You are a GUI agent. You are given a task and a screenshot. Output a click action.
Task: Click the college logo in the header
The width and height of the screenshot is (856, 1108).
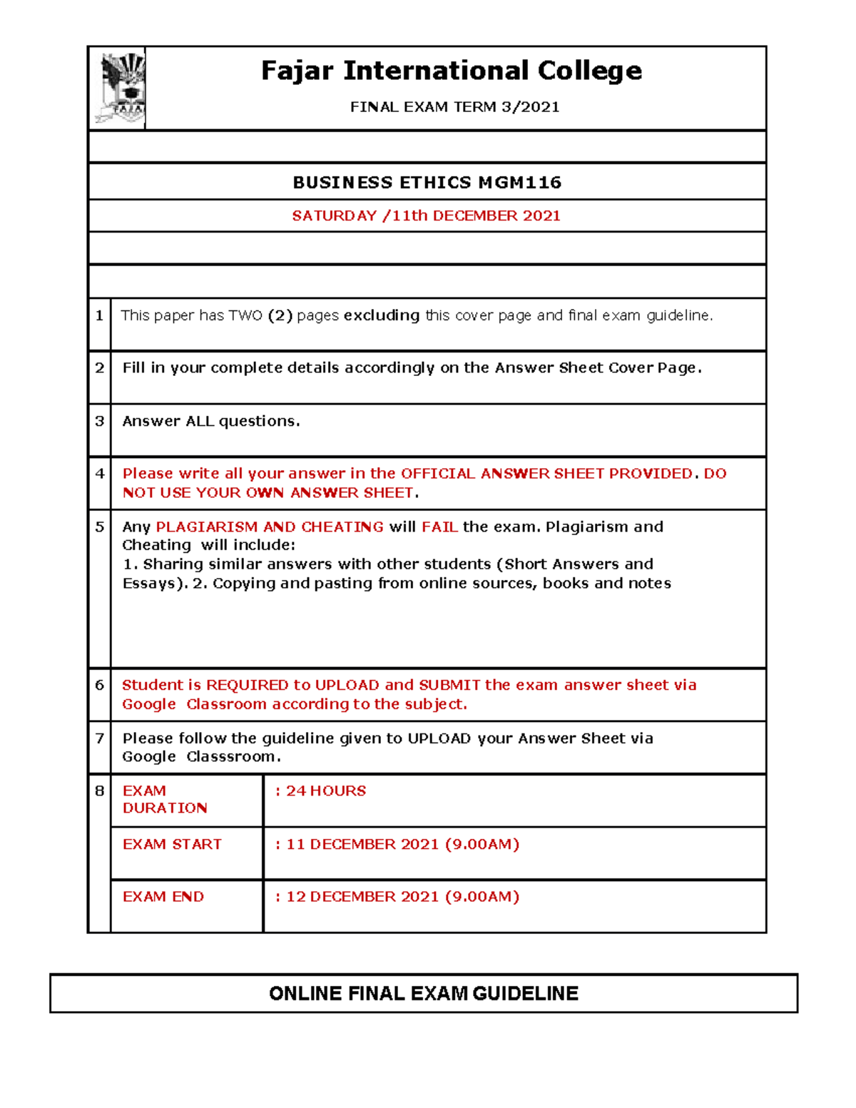tap(120, 88)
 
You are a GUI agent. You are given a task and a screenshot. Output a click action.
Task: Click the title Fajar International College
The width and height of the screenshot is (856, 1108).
tap(451, 71)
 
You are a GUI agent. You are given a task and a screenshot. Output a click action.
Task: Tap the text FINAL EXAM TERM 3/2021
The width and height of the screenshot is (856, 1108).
tap(454, 107)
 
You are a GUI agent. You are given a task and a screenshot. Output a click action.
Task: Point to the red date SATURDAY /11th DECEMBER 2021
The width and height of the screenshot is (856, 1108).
tap(426, 215)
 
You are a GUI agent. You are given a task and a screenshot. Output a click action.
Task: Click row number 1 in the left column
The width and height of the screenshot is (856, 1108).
tap(99, 315)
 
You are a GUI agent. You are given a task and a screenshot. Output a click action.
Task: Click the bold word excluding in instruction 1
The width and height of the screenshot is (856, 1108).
tap(381, 315)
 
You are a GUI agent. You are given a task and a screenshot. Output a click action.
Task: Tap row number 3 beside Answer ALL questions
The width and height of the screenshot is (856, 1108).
tap(99, 421)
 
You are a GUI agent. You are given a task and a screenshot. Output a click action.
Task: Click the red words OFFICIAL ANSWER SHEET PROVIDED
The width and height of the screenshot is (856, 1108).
tap(546, 474)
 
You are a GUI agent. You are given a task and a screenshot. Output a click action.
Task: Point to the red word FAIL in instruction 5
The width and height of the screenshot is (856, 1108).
tap(439, 527)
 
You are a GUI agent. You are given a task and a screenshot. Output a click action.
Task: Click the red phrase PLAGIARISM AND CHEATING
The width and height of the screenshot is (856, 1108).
tap(270, 527)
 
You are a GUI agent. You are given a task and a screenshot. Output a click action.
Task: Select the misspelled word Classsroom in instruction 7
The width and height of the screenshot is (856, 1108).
tap(233, 756)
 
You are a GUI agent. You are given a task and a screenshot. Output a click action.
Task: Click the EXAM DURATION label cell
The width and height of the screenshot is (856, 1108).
tap(165, 799)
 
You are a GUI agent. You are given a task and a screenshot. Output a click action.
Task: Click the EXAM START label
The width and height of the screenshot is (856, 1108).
tap(172, 844)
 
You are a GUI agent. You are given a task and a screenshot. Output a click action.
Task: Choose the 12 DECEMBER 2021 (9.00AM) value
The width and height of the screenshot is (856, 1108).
tap(402, 896)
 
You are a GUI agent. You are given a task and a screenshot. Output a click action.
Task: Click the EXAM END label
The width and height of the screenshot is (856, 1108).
tap(163, 896)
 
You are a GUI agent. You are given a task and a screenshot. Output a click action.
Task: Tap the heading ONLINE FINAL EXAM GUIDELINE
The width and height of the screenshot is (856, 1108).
tap(424, 993)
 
